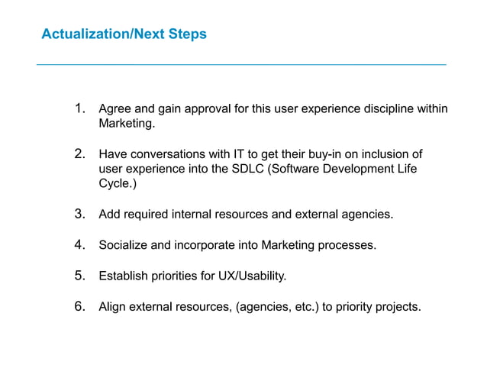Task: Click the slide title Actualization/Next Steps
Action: pos(123,34)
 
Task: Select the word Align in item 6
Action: pos(113,307)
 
